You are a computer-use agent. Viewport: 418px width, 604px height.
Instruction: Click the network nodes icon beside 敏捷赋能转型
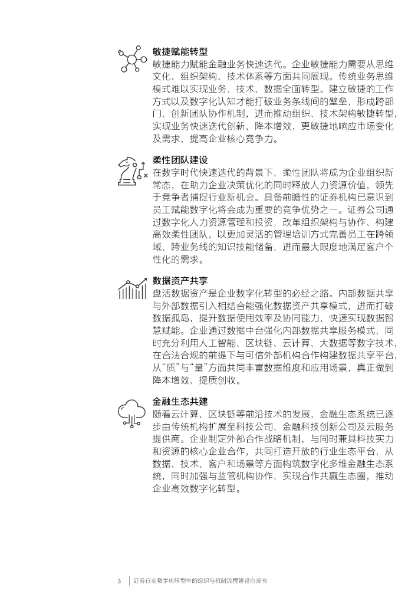point(132,59)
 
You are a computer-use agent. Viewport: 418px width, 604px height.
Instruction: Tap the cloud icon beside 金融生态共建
point(132,409)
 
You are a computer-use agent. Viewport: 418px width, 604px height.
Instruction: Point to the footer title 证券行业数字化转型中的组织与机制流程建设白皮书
point(200,580)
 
